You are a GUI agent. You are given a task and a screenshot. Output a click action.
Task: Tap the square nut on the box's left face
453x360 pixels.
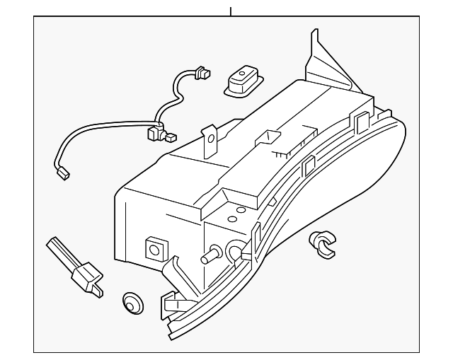pos(154,248)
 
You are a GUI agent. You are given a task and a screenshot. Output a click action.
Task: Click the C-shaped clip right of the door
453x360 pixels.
pos(323,243)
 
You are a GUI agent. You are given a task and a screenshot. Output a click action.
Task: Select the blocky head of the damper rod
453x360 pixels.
pos(90,279)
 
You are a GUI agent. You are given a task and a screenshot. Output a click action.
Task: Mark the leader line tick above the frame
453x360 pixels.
pos(231,11)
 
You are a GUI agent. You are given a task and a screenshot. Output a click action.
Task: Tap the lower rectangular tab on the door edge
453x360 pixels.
pos(309,167)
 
